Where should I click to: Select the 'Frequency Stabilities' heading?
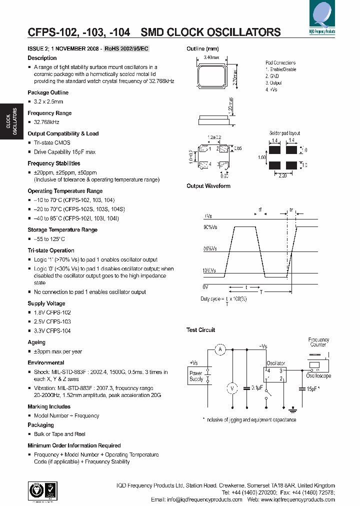pos(53,163)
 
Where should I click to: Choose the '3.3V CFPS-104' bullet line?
pos(52,331)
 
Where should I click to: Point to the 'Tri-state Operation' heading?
pos(50,250)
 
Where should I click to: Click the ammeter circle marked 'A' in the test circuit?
pos(219,350)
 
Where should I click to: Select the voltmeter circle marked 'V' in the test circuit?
pos(231,388)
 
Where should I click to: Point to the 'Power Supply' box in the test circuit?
pos(196,376)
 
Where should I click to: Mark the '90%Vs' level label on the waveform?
pos(210,228)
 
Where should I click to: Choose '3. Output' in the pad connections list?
pos(274,82)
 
